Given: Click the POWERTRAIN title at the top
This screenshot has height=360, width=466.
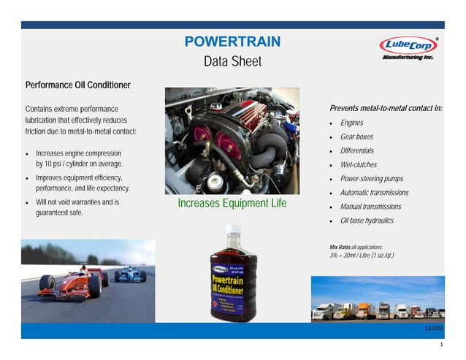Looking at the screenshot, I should [x=232, y=42].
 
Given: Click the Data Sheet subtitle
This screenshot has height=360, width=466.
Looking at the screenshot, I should [x=232, y=62].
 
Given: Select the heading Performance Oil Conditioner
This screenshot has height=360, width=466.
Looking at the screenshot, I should [x=78, y=85].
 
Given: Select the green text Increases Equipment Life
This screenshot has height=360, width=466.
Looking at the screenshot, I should [x=232, y=203].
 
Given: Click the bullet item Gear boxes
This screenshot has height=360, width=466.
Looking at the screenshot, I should [x=356, y=137].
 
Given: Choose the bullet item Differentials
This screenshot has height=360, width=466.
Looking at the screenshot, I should [x=357, y=150].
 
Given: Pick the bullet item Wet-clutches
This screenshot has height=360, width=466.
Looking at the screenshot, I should [x=359, y=165].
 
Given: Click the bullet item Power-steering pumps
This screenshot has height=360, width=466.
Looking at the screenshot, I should [x=371, y=179].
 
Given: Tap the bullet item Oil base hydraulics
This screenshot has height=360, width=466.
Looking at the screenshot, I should [x=367, y=221].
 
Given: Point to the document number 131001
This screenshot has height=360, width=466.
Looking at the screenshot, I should [x=434, y=329].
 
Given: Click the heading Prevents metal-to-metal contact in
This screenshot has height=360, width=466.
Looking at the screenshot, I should [x=386, y=108].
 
